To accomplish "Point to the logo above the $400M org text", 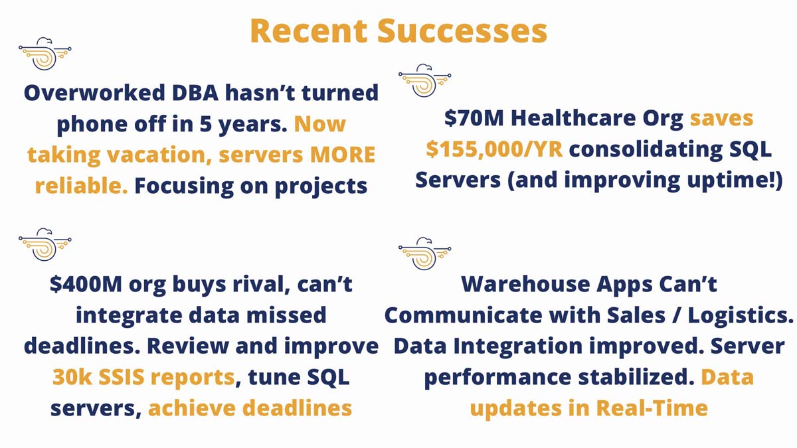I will (x=45, y=244).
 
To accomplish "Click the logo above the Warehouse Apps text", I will (x=424, y=253).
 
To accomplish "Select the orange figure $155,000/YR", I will (x=494, y=149).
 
